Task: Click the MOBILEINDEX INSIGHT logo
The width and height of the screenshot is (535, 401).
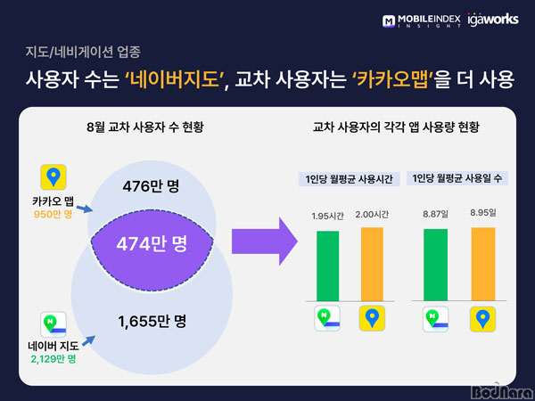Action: pos(421,20)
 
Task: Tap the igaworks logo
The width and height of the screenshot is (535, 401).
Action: pos(493,19)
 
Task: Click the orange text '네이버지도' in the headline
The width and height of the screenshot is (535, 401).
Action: pos(172,79)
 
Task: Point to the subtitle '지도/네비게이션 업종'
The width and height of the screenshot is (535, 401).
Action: pos(83,52)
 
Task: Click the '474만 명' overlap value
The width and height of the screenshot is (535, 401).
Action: pos(152,243)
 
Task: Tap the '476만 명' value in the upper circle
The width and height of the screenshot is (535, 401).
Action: pos(151,186)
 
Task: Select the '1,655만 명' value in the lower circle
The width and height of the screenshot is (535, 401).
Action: pos(152,321)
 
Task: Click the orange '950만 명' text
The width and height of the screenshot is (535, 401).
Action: pos(53,215)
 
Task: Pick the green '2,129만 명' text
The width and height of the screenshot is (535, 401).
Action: pos(53,359)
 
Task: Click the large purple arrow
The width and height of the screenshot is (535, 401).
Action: pos(265,241)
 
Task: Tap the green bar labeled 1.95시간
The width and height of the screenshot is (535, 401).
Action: pos(327,266)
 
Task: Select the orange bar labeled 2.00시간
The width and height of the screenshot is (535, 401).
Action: pos(372,265)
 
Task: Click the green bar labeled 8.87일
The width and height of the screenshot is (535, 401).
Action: pos(435,265)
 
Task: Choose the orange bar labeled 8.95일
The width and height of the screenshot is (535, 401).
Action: pos(483,265)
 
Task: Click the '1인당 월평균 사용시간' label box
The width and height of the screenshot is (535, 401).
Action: pos(349,179)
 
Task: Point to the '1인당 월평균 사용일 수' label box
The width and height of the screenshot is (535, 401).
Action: pos(457,178)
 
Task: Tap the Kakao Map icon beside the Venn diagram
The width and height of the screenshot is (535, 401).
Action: pos(53,177)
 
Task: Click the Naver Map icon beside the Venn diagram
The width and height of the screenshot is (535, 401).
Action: pos(53,324)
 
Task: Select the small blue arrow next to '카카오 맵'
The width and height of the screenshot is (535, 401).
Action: pos(85,209)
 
